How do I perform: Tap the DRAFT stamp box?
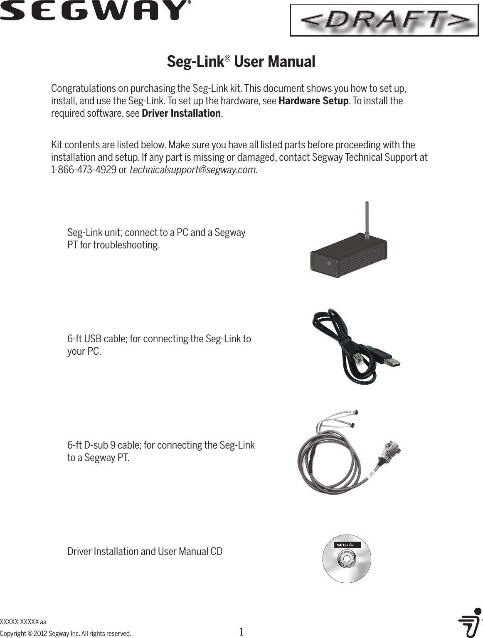(x=384, y=20)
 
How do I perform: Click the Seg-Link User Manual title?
(x=241, y=62)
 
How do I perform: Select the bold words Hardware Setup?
(x=313, y=101)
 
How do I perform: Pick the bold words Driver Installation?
(x=181, y=113)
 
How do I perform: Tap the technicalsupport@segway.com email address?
(x=193, y=170)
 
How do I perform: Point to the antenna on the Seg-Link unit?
(x=367, y=220)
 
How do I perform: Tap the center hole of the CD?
(x=346, y=559)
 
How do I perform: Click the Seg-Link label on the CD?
(x=347, y=545)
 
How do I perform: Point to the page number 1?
(x=241, y=632)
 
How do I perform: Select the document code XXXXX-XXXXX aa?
(x=23, y=622)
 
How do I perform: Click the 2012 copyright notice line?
(x=65, y=634)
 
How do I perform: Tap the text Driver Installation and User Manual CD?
(x=145, y=552)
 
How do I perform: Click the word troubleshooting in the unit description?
(x=126, y=245)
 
